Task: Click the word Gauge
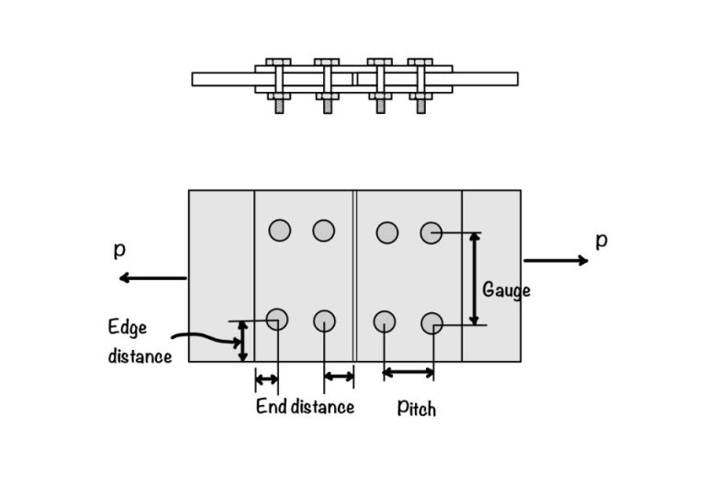click(507, 290)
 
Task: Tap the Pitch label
click(417, 407)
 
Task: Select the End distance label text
click(305, 406)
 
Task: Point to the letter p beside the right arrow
click(601, 240)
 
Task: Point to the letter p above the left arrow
click(119, 250)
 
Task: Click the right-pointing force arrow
click(555, 261)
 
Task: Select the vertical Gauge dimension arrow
click(474, 278)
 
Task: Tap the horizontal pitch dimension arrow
click(408, 372)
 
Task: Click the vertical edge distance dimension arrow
click(241, 341)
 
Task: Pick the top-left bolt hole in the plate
click(279, 230)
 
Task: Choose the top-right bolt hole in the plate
click(431, 232)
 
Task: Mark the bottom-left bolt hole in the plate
click(277, 319)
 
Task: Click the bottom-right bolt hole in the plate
click(432, 323)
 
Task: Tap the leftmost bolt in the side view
click(278, 83)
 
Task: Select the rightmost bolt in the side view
click(421, 83)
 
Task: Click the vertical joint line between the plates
click(354, 276)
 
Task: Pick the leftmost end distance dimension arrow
click(266, 378)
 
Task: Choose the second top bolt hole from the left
click(323, 230)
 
